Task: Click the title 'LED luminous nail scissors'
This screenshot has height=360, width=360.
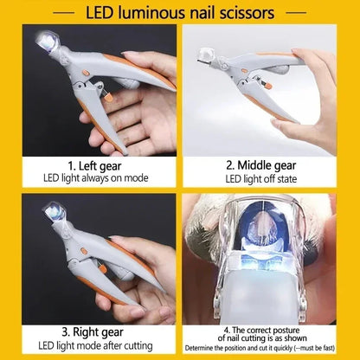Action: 179,13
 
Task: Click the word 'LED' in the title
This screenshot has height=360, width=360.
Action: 103,13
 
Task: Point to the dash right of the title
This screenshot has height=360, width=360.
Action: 298,13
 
